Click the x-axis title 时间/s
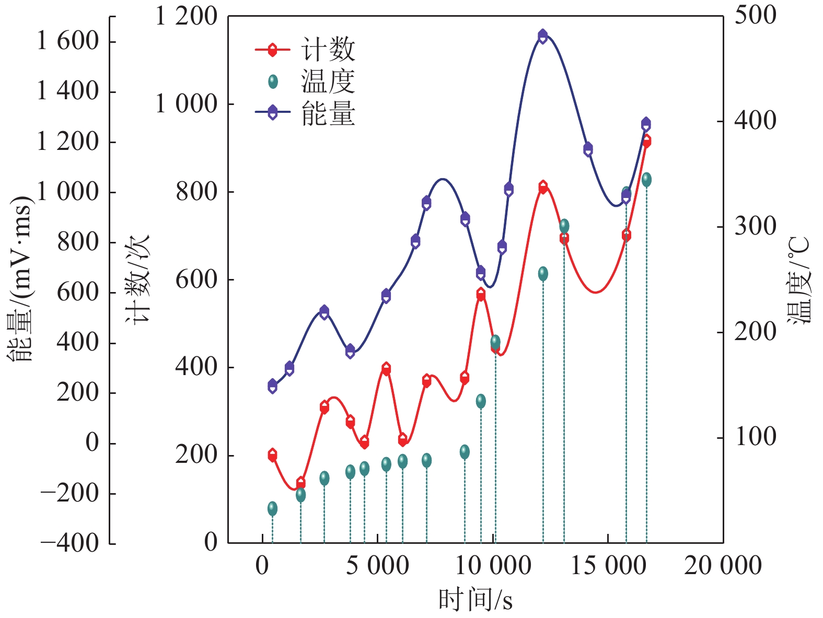(x=475, y=599)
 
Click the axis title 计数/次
(x=137, y=279)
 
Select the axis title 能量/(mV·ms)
(x=20, y=279)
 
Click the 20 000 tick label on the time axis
(x=723, y=566)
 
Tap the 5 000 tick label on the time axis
(x=377, y=566)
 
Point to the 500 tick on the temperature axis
(x=755, y=16)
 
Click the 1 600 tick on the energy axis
(x=68, y=41)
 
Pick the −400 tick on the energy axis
(x=69, y=543)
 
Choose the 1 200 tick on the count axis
(x=186, y=17)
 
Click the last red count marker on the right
(x=646, y=141)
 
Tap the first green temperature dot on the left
(x=272, y=508)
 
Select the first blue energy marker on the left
(x=272, y=386)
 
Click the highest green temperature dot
(x=646, y=180)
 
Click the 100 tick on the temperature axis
(x=755, y=437)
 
